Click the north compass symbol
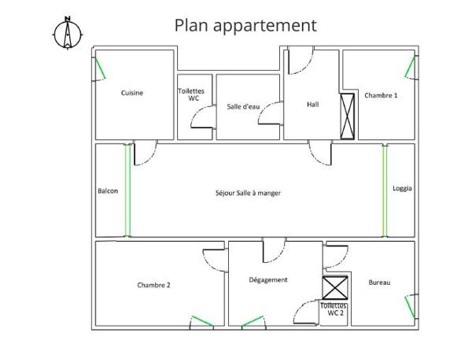(x=68, y=33)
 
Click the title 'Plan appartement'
(x=245, y=24)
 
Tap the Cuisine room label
(x=132, y=93)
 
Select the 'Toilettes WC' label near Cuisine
(x=193, y=94)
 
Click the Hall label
(x=312, y=103)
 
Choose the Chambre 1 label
(x=381, y=95)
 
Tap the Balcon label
(x=108, y=190)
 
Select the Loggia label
(x=403, y=188)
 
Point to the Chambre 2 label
(x=153, y=285)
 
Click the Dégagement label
(x=268, y=279)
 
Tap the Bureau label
(x=380, y=283)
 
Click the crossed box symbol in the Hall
(x=348, y=116)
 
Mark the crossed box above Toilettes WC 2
(x=335, y=288)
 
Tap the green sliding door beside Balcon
(x=127, y=190)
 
